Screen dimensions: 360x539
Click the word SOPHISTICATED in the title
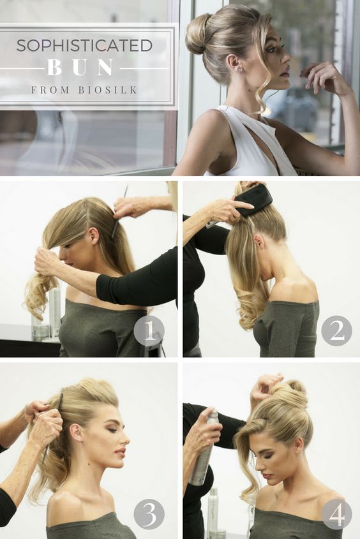coord(84,45)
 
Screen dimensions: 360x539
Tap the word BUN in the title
coord(80,68)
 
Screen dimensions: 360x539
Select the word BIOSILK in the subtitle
coord(108,90)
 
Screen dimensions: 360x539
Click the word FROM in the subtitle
coord(50,90)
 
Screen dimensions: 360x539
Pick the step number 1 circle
coord(149,330)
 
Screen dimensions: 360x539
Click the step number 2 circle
coord(336,330)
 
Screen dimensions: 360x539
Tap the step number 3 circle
coord(149,514)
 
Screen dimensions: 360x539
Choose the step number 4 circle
coord(336,514)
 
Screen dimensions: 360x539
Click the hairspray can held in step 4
coord(204,447)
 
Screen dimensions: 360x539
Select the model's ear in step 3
coord(76,432)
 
